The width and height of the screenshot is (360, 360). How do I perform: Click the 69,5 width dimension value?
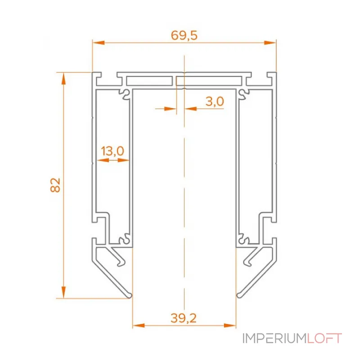tap(184, 36)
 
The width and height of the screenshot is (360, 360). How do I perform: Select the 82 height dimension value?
tap(55, 185)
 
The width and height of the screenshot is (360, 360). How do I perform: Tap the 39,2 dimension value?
tap(184, 318)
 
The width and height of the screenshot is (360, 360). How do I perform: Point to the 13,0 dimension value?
tap(112, 151)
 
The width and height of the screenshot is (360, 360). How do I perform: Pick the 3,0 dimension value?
tap(215, 102)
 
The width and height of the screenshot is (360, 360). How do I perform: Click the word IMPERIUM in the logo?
tap(274, 338)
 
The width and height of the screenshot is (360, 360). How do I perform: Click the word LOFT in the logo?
tap(324, 338)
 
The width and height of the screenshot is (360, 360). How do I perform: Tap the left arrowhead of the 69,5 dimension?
tap(99, 43)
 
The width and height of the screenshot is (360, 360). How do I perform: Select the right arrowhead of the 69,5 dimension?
tap(270, 43)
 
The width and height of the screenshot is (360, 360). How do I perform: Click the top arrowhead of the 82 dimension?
tap(63, 78)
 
